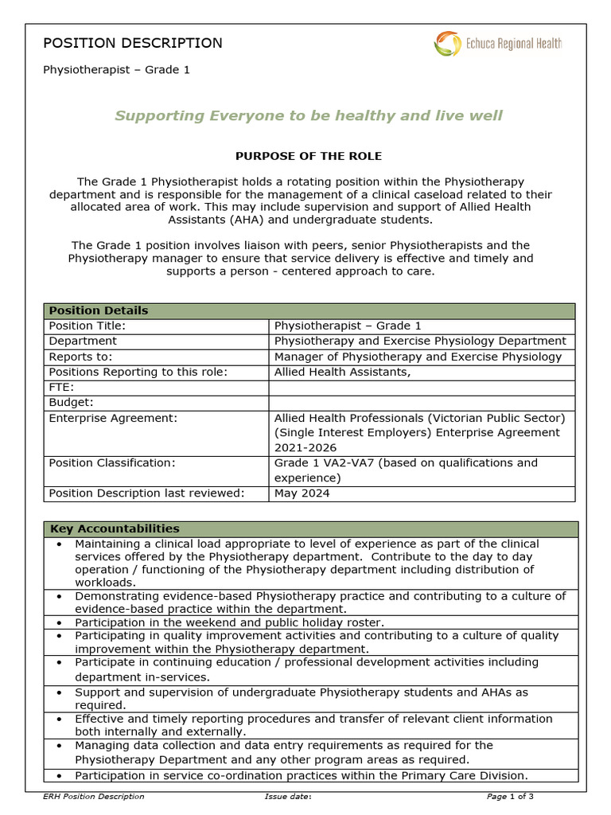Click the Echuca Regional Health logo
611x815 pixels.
pyautogui.click(x=497, y=44)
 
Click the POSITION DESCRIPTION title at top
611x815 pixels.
pyautogui.click(x=132, y=43)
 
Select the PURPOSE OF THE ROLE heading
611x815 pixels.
pyautogui.click(x=308, y=156)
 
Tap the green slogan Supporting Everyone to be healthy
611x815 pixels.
pyautogui.click(x=308, y=116)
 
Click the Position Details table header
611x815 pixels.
pyautogui.click(x=99, y=310)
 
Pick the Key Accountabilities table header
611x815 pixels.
pyautogui.click(x=115, y=528)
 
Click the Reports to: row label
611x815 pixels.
pyautogui.click(x=80, y=357)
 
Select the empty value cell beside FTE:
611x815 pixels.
pyautogui.click(x=422, y=388)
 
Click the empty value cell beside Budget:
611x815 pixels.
pyautogui.click(x=422, y=403)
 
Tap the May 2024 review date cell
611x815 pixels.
pyautogui.click(x=302, y=493)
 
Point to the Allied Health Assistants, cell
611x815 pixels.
pyautogui.click(x=342, y=372)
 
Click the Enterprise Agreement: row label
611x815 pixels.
pyautogui.click(x=113, y=418)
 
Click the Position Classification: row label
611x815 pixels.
pyautogui.click(x=116, y=463)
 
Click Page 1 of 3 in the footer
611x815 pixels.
pyautogui.click(x=510, y=797)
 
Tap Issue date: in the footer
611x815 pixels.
pyautogui.click(x=287, y=797)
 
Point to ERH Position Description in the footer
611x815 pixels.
pyautogui.click(x=94, y=797)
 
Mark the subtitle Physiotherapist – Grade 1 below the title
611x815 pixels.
pyautogui.click(x=116, y=70)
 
